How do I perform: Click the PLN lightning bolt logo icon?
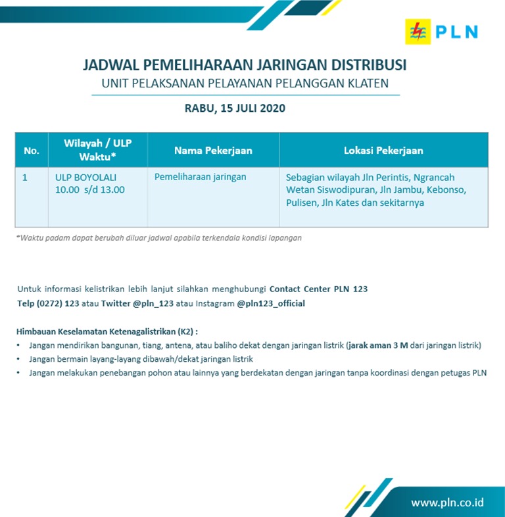pyautogui.click(x=418, y=31)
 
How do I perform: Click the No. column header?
pyautogui.click(x=32, y=151)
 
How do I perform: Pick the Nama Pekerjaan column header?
pyautogui.click(x=213, y=151)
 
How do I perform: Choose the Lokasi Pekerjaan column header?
pyautogui.click(x=383, y=151)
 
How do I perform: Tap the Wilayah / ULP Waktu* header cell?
pyautogui.click(x=97, y=150)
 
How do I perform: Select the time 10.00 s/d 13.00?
pyautogui.click(x=90, y=190)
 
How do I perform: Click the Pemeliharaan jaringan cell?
pyautogui.click(x=200, y=177)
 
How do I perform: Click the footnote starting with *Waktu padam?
pyautogui.click(x=158, y=238)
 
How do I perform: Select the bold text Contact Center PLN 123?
pyautogui.click(x=318, y=289)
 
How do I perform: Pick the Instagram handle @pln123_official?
pyautogui.click(x=271, y=304)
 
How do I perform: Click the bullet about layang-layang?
pyautogui.click(x=141, y=359)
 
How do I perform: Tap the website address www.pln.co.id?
pyautogui.click(x=447, y=503)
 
